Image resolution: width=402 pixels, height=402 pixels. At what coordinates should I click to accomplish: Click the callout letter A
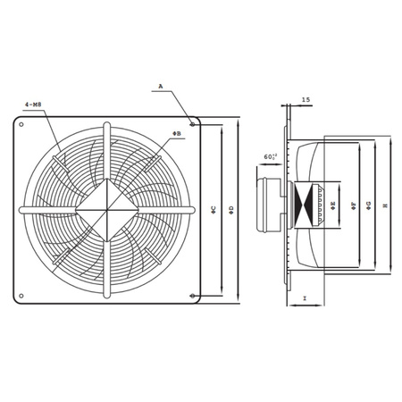click(161, 88)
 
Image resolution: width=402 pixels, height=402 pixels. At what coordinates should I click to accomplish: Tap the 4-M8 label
click(35, 105)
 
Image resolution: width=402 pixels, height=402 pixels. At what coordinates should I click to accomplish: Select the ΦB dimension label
click(177, 132)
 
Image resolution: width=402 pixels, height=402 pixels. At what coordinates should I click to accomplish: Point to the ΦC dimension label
click(213, 209)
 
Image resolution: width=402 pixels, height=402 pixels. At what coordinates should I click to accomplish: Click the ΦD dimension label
click(230, 209)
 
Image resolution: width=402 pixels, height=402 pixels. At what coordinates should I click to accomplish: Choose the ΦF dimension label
click(355, 205)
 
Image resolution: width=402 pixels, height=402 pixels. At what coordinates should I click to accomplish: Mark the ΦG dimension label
click(371, 205)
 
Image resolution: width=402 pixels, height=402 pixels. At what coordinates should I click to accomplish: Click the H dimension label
click(386, 205)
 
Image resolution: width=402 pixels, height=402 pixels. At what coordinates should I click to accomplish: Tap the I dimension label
click(305, 297)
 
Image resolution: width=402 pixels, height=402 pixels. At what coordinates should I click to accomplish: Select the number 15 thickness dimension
click(306, 100)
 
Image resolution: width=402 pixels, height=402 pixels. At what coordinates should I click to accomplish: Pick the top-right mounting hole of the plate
click(195, 126)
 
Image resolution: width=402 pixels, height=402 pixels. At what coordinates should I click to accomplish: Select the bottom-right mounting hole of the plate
click(195, 296)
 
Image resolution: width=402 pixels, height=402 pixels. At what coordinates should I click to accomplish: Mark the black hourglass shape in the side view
click(312, 205)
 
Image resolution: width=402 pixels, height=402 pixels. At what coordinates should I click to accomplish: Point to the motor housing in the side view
click(271, 205)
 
